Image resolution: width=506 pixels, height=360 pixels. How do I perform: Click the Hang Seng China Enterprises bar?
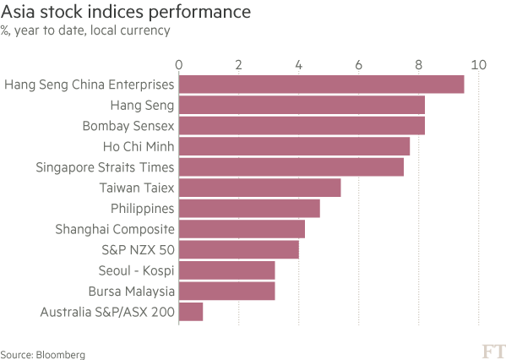pyautogui.click(x=321, y=85)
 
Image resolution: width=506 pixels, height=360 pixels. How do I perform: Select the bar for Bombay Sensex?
pyautogui.click(x=302, y=126)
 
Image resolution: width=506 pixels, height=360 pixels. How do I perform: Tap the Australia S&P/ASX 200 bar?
pyautogui.click(x=191, y=312)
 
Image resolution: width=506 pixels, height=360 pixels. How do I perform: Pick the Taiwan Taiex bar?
pyautogui.click(x=260, y=188)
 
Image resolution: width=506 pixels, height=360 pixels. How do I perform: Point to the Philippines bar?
pyautogui.click(x=249, y=208)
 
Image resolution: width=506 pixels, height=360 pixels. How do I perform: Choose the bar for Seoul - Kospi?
pyautogui.click(x=227, y=270)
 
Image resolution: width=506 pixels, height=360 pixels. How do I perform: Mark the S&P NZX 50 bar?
pyautogui.click(x=239, y=249)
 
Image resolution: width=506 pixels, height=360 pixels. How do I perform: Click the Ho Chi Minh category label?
pyautogui.click(x=139, y=146)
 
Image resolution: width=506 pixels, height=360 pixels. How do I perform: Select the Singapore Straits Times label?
pyautogui.click(x=105, y=167)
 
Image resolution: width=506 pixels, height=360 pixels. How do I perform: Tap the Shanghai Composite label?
pyautogui.click(x=115, y=229)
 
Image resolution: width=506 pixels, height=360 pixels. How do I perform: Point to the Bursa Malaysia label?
pyautogui.click(x=131, y=292)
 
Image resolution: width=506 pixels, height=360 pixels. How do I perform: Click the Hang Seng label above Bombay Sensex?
pyautogui.click(x=142, y=106)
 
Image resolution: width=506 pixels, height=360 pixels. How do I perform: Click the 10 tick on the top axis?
pyautogui.click(x=479, y=65)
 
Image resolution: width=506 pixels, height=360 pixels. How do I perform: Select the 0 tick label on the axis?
pyautogui.click(x=179, y=65)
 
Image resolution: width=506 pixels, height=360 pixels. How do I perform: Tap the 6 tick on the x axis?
pyautogui.click(x=358, y=65)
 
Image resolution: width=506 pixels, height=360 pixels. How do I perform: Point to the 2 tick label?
pyautogui.click(x=238, y=65)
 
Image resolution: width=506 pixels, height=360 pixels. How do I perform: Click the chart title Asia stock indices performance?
pyautogui.click(x=126, y=12)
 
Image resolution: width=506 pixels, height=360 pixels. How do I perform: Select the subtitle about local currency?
pyautogui.click(x=85, y=30)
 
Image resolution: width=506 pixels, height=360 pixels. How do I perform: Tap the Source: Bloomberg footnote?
pyautogui.click(x=43, y=355)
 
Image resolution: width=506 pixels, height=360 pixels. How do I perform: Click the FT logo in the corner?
pyautogui.click(x=493, y=352)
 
